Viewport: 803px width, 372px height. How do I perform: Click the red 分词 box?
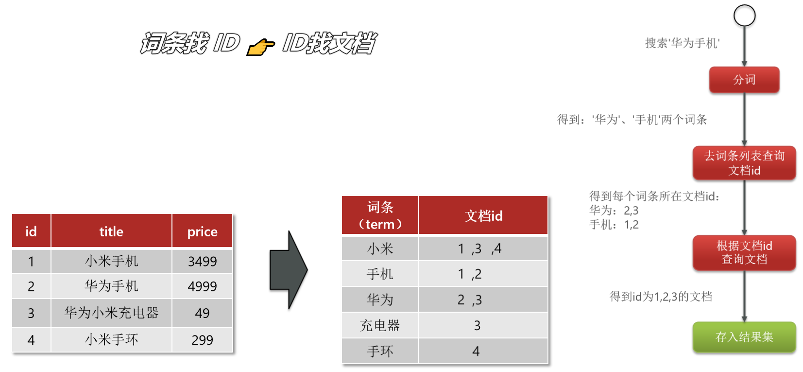tap(744, 80)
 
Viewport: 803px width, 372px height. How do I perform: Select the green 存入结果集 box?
tap(744, 337)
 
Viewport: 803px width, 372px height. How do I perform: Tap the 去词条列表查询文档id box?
tap(744, 163)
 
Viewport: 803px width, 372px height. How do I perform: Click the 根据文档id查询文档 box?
tap(744, 252)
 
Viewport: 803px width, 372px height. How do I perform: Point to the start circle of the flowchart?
tap(744, 16)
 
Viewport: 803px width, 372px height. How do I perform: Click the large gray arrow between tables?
tap(289, 270)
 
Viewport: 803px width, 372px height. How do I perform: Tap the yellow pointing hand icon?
tap(261, 47)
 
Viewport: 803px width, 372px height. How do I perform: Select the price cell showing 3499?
tap(202, 261)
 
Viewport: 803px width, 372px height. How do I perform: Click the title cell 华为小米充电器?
tap(111, 313)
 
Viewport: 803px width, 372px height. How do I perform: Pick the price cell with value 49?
tap(202, 313)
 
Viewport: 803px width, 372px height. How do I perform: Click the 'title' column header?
tap(111, 231)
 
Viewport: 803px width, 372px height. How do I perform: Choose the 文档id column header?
tap(483, 216)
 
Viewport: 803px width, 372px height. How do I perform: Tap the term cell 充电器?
tap(380, 325)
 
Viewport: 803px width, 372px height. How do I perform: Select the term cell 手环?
tap(380, 351)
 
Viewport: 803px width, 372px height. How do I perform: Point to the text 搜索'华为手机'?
tap(682, 43)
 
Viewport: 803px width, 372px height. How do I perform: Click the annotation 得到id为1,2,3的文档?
tap(661, 297)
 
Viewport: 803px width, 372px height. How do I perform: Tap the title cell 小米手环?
tap(111, 339)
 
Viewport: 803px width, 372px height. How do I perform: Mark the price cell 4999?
tap(202, 286)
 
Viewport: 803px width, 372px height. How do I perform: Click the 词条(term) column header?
tap(380, 215)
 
